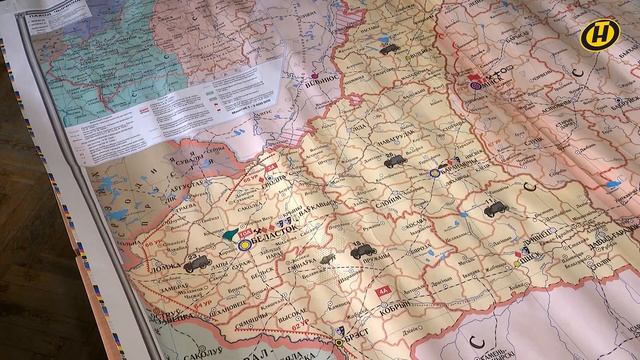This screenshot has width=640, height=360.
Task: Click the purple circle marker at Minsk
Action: point(474,87)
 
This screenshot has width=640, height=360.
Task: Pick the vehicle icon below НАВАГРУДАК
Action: point(391,161)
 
